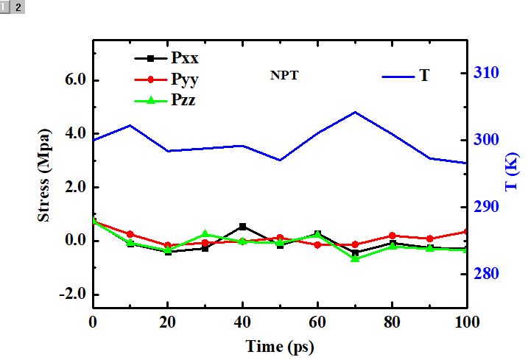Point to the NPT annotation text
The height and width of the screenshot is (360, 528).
[284, 75]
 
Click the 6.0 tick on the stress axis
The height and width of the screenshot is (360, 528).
[74, 80]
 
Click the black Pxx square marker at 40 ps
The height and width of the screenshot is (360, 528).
[242, 227]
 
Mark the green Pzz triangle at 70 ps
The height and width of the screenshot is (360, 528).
[355, 258]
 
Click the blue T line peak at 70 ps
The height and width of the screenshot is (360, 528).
[355, 112]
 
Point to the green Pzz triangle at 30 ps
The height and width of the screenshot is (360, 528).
[205, 234]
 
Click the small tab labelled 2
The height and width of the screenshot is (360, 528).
[18, 7]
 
